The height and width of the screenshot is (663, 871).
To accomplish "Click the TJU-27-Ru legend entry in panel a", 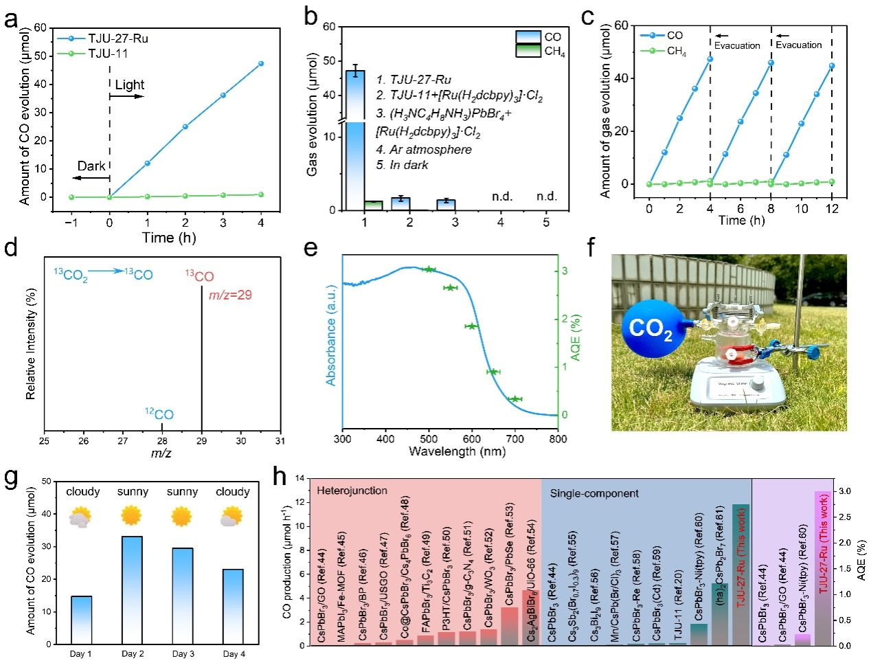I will pyautogui.click(x=117, y=38).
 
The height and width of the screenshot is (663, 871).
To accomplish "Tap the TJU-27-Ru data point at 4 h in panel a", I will pyautogui.click(x=261, y=64).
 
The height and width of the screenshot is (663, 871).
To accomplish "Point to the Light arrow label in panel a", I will pyautogui.click(x=129, y=85).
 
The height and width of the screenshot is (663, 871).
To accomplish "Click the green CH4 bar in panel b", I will pyautogui.click(x=373, y=205).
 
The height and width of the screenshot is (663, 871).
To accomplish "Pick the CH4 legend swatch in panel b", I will pyautogui.click(x=528, y=51).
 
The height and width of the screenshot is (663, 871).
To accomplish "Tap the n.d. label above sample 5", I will pyautogui.click(x=547, y=196).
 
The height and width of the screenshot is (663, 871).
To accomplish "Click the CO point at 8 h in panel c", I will pyautogui.click(x=771, y=63).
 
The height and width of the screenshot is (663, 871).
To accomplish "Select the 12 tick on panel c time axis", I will pyautogui.click(x=832, y=208).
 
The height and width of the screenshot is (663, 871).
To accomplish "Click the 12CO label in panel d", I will pyautogui.click(x=159, y=414).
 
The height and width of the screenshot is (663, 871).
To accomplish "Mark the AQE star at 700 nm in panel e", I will pyautogui.click(x=515, y=398).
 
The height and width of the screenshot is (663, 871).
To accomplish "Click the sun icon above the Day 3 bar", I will pyautogui.click(x=182, y=515).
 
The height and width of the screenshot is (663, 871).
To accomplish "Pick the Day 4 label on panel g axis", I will pyautogui.click(x=234, y=654).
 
